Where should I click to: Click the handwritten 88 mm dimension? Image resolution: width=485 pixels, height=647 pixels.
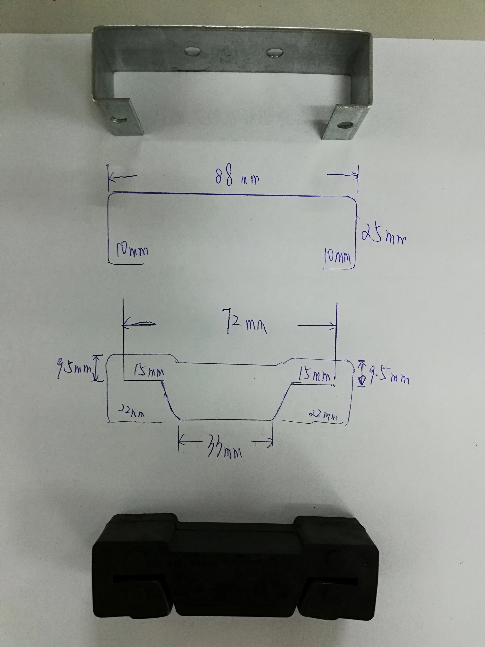coord(237,175)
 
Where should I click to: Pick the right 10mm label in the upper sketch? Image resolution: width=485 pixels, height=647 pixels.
coord(337,256)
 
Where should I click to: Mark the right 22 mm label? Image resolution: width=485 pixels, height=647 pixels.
coord(323,415)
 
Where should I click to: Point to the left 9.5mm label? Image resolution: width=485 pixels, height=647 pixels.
coord(74,368)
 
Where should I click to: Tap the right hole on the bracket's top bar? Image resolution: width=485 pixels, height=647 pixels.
coord(274,52)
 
